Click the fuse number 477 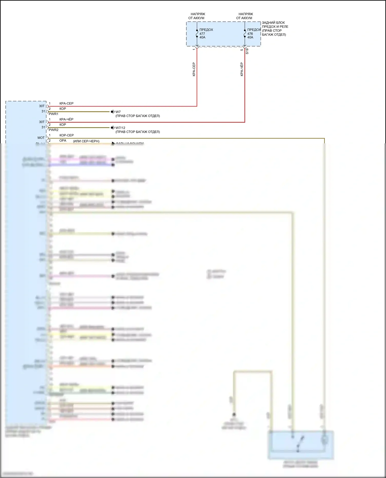click(x=202, y=34)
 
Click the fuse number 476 click(x=250, y=34)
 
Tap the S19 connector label click(x=247, y=51)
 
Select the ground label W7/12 click(x=120, y=128)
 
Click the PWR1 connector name click(x=54, y=114)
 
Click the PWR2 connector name click(x=54, y=130)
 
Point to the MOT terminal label click(x=41, y=138)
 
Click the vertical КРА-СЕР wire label click(x=194, y=69)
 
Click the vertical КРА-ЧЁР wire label click(x=242, y=69)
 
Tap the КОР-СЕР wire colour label click(x=66, y=135)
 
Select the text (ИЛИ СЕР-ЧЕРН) click(x=86, y=141)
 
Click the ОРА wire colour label click(x=63, y=141)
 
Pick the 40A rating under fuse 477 click(x=202, y=38)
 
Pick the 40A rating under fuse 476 click(x=250, y=38)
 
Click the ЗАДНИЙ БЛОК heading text click(x=273, y=23)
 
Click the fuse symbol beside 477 click(x=197, y=34)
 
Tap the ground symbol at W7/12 click(x=112, y=128)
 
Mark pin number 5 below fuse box click(x=242, y=50)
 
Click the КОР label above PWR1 click(x=63, y=109)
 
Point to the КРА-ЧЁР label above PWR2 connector click(x=66, y=119)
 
